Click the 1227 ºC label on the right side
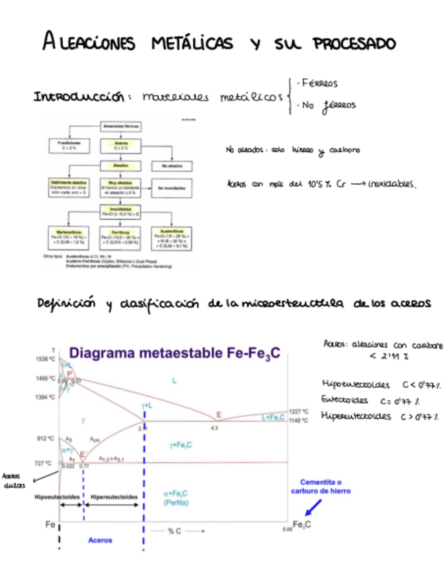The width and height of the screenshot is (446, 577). click(x=299, y=412)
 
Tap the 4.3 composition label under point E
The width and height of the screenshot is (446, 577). click(x=214, y=427)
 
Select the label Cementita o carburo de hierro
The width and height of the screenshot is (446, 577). click(x=320, y=485)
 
